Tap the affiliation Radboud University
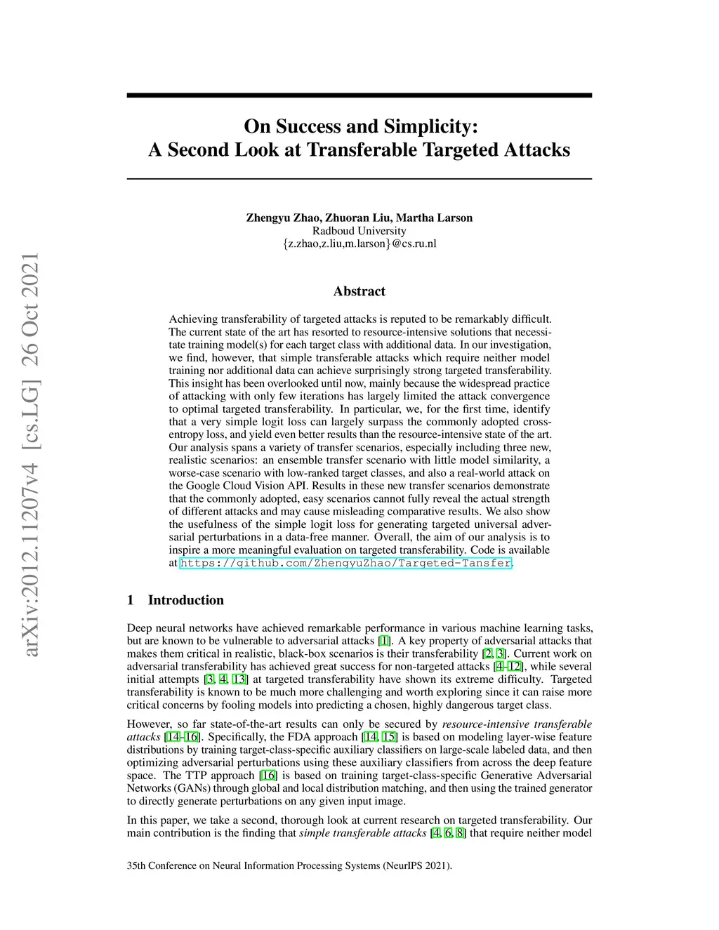359,231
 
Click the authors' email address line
359,244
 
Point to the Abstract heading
359,291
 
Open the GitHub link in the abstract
346,563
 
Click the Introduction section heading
185,600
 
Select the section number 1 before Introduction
131,600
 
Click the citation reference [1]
385,641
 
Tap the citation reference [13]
239,679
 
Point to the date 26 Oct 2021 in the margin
30,310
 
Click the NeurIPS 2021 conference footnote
289,865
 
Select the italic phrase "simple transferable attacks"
363,833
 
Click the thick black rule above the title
359,95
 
